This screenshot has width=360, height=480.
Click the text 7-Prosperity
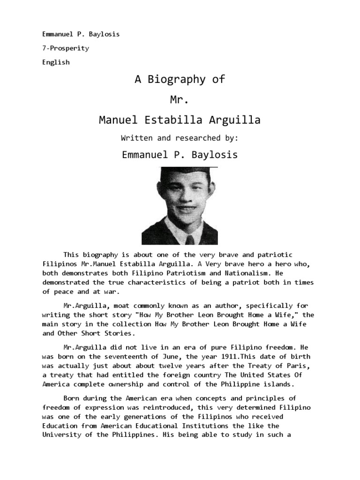pyautogui.click(x=66, y=48)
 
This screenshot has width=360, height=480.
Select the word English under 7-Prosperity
pyautogui.click(x=56, y=62)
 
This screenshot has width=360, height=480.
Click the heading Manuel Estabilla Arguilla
pyautogui.click(x=180, y=120)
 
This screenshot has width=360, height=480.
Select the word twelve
pyautogui.click(x=186, y=367)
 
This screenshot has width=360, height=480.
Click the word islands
pyautogui.click(x=277, y=384)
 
